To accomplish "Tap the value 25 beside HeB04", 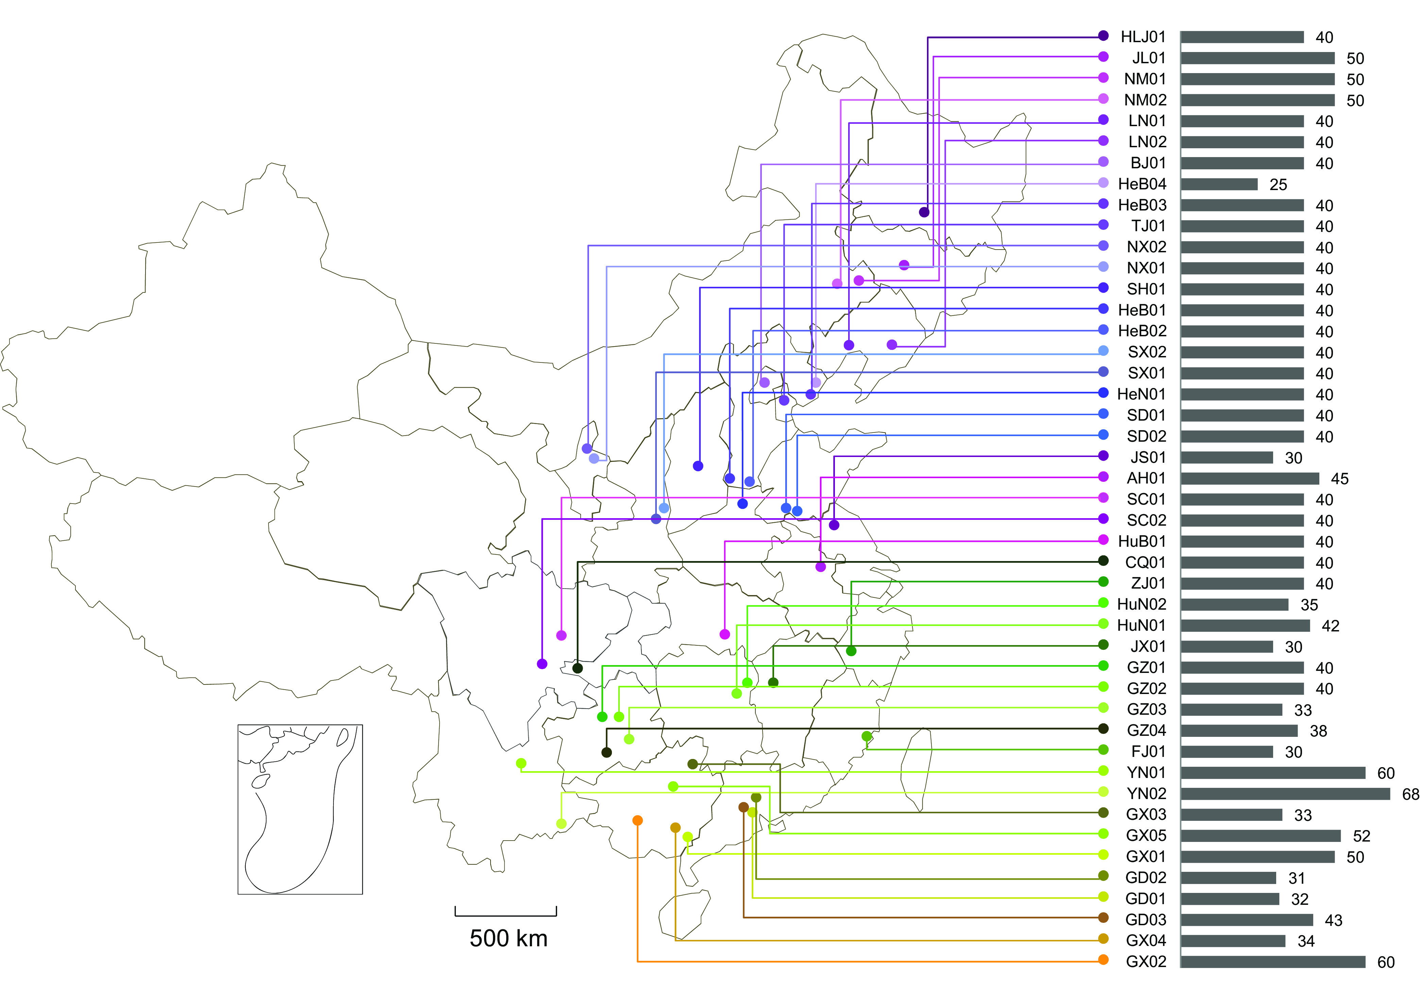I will click(1278, 184).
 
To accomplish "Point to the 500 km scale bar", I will click(506, 911).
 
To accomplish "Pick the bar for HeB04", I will click(1219, 184).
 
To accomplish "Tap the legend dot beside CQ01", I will click(1103, 561).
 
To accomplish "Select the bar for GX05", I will click(1260, 835).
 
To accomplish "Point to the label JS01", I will click(1148, 457).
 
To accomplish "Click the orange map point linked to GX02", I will click(637, 820).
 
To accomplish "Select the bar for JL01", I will click(1257, 58).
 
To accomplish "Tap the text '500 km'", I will click(508, 939).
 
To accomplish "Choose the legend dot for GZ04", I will click(1103, 729).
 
